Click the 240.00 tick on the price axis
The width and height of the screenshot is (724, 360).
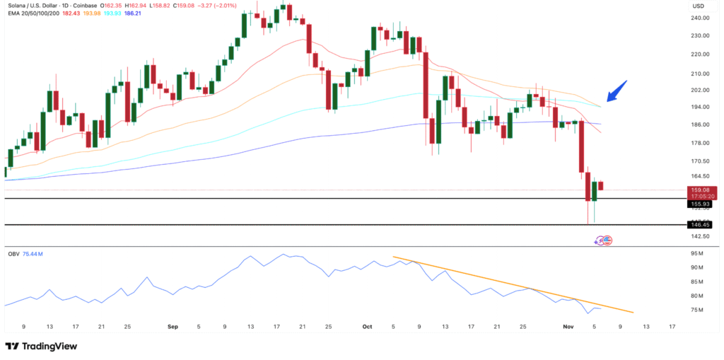[x=700, y=18]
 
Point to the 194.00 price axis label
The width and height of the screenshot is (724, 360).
[x=700, y=107]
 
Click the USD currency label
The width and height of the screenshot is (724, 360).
[x=699, y=6]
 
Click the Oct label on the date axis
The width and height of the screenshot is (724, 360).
[x=367, y=327]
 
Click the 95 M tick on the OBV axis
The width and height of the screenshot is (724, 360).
[x=698, y=253]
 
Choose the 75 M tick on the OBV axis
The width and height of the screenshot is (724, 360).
[x=698, y=310]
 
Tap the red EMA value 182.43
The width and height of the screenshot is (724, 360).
[x=72, y=14]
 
